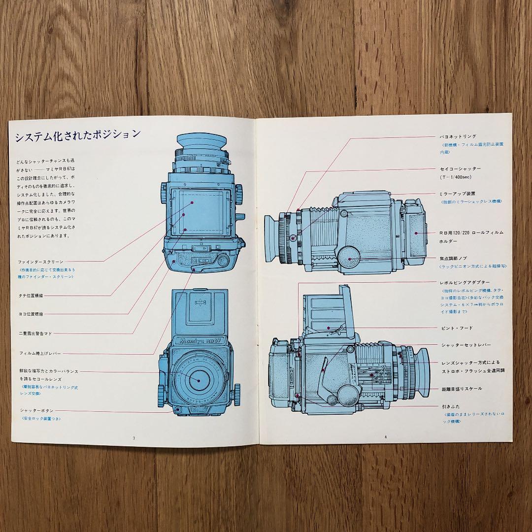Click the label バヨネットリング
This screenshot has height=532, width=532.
458,136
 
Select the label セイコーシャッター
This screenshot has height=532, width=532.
460,168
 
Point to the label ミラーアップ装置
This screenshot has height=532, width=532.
457,194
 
